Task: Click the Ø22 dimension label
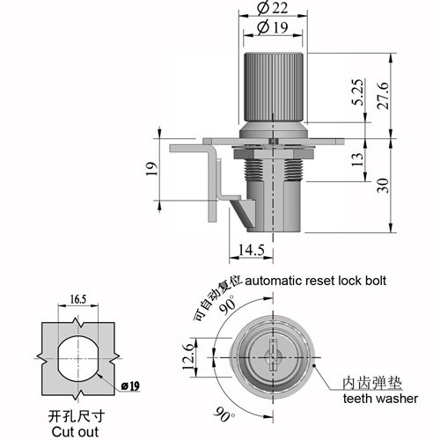273,8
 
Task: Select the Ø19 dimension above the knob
273,27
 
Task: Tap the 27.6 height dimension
383,96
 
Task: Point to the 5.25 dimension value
357,92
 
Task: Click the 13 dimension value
357,160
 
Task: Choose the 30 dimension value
383,186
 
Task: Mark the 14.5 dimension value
252,250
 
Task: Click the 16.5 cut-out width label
78,299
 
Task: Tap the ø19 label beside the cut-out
130,386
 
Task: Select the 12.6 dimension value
188,357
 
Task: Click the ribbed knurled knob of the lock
273,87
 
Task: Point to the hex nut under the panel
275,153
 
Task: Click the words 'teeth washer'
380,399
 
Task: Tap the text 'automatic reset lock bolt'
315,281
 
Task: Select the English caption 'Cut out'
75,432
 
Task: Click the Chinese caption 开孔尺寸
77,416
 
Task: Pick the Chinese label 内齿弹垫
372,383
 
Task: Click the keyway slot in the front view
273,355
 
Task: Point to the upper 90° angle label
227,304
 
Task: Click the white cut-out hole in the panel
78,358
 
